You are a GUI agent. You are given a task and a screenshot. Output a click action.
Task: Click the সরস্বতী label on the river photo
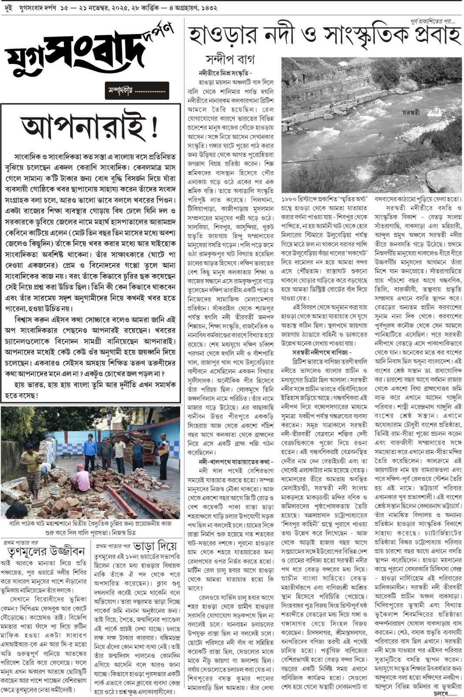tap(410, 112)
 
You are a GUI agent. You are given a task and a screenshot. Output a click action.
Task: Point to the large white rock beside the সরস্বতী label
tap(434, 112)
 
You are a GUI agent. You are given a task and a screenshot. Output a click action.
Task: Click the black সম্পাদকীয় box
tap(137, 91)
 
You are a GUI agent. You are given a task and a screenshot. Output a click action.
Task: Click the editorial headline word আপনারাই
tap(83, 127)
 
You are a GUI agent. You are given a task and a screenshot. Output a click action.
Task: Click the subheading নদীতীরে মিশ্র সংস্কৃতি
tap(225, 73)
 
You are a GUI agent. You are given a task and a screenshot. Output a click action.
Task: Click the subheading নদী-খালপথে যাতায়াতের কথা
tap(235, 461)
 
